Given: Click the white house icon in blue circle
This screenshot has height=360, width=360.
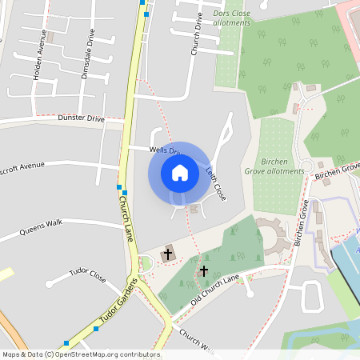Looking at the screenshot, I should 179,172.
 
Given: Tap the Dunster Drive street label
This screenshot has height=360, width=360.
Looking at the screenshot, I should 82,118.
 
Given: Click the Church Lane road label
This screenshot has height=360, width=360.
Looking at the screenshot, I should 126,218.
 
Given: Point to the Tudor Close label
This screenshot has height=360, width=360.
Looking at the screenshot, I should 87,275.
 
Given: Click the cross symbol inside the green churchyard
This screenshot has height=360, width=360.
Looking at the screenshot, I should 204,271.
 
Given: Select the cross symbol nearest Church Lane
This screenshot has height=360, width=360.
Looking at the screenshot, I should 167,255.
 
